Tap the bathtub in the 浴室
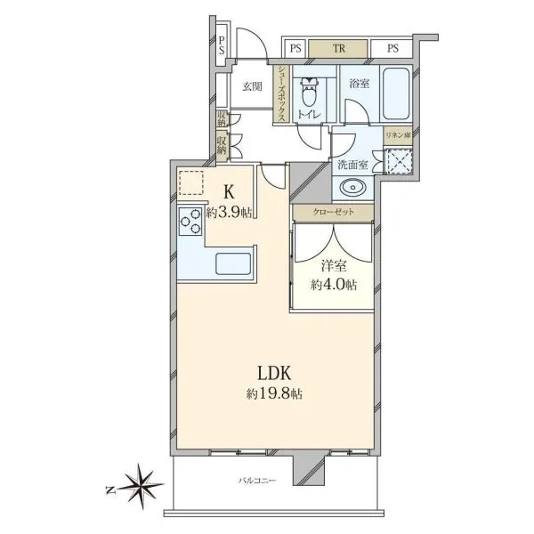(396, 93)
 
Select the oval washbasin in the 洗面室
(352, 188)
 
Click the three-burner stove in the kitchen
(190, 222)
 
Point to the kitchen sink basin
(233, 263)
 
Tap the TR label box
(338, 48)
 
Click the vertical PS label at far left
(222, 46)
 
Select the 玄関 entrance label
(252, 87)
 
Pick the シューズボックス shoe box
(282, 93)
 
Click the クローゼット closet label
(333, 212)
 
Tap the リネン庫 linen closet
(398, 135)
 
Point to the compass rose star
(140, 486)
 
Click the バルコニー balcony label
(257, 481)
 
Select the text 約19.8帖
(274, 394)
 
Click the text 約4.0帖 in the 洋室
(334, 285)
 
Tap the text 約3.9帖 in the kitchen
(230, 213)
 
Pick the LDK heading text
(274, 373)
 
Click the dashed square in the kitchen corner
(191, 182)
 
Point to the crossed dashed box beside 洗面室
(398, 161)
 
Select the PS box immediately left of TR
(295, 48)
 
